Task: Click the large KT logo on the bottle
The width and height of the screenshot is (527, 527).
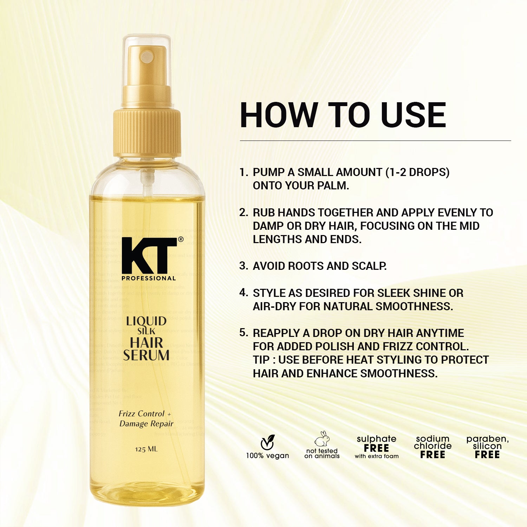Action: point(149,256)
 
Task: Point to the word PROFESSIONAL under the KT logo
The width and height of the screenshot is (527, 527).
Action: point(149,278)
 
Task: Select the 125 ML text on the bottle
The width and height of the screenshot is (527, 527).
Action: point(146,449)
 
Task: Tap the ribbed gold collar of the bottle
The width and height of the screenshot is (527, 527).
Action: point(147,132)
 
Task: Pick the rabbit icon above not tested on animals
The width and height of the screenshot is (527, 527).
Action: point(322,439)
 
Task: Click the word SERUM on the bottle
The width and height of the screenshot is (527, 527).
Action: point(146,355)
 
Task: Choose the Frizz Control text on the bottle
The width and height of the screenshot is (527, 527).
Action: point(142,414)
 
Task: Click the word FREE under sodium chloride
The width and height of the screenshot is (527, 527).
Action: point(432,455)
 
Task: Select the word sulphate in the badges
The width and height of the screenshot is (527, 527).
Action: point(376,439)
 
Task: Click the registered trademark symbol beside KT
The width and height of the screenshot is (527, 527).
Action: point(181,239)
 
